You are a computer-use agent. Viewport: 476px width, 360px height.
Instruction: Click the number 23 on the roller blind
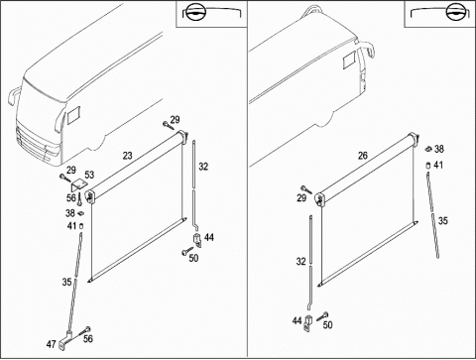[127, 155]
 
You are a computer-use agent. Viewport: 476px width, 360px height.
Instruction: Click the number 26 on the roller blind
[363, 155]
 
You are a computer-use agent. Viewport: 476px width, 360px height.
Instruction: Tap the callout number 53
[89, 175]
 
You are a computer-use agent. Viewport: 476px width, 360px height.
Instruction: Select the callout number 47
[51, 344]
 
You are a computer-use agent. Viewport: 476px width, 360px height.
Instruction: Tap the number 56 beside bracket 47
[88, 338]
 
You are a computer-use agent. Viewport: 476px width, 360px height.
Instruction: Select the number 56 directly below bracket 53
[71, 197]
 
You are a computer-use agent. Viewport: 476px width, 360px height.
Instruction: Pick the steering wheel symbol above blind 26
[456, 13]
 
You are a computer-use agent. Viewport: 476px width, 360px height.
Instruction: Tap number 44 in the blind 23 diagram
[209, 237]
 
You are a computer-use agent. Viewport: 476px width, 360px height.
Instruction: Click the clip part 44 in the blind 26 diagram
[308, 323]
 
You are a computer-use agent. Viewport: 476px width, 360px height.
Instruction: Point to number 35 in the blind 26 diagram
[443, 220]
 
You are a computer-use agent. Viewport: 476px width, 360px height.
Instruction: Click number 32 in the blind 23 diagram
[203, 167]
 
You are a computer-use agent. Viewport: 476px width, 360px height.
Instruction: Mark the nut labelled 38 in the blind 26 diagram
[428, 149]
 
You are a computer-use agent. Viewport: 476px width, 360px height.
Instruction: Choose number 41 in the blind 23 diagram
[71, 226]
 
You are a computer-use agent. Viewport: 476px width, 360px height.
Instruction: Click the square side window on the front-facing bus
[73, 115]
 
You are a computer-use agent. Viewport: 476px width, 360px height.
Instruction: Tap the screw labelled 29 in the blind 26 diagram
[306, 189]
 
